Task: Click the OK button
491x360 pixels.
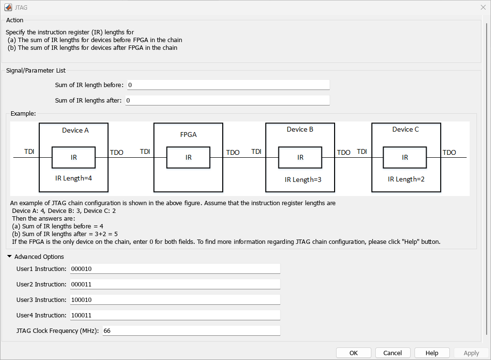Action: tap(353, 353)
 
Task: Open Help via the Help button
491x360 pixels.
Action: tap(432, 353)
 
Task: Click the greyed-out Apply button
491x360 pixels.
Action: tap(471, 353)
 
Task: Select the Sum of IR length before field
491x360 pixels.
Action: tap(228, 85)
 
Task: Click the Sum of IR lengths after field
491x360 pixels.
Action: tap(227, 100)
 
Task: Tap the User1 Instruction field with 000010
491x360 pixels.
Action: tap(175, 269)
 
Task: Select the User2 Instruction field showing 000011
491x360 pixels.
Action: tap(175, 284)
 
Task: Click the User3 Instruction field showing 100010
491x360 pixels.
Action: tap(175, 300)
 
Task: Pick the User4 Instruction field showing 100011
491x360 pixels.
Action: tap(175, 315)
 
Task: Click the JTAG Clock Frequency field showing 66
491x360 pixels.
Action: tap(191, 330)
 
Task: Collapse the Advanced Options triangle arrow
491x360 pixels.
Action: tap(9, 256)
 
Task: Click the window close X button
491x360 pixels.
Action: tap(483, 7)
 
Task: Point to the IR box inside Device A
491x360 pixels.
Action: tap(74, 157)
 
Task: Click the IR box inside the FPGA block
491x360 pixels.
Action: tap(188, 157)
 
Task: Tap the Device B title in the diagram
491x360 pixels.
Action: tap(300, 129)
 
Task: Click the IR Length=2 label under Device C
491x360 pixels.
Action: tap(406, 179)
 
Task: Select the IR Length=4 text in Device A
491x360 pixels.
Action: tap(74, 178)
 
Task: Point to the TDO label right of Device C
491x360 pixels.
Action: tap(449, 152)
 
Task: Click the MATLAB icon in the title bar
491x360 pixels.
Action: tap(8, 7)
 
